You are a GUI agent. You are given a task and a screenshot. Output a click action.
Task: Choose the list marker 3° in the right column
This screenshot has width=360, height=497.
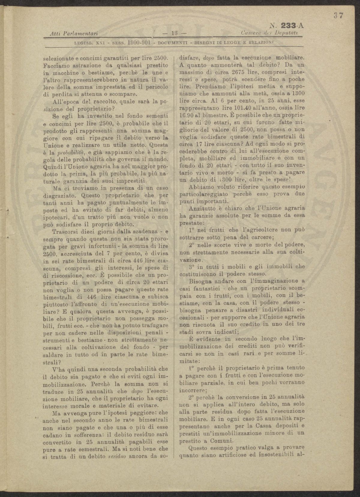coord(193,266)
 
